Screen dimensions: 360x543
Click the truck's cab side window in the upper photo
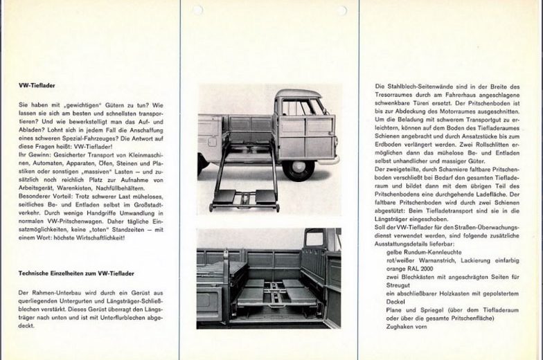pos(299,107)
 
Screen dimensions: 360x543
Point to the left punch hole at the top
pos(198,10)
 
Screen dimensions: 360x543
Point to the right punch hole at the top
pos(341,10)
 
